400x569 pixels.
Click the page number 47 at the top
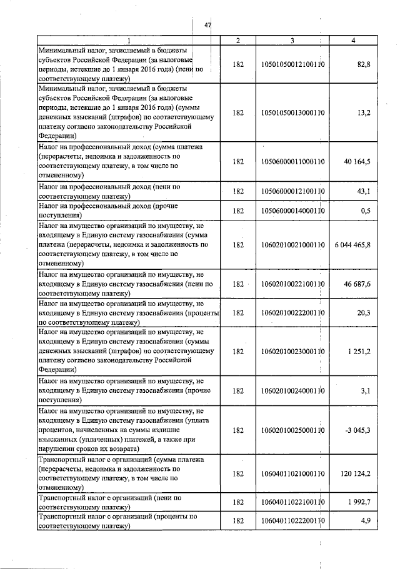(x=208, y=26)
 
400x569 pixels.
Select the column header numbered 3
(x=292, y=41)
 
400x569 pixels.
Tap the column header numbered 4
(x=354, y=41)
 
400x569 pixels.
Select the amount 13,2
(x=363, y=113)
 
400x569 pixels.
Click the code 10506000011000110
(x=292, y=161)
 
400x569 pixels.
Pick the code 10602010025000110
(x=292, y=430)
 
